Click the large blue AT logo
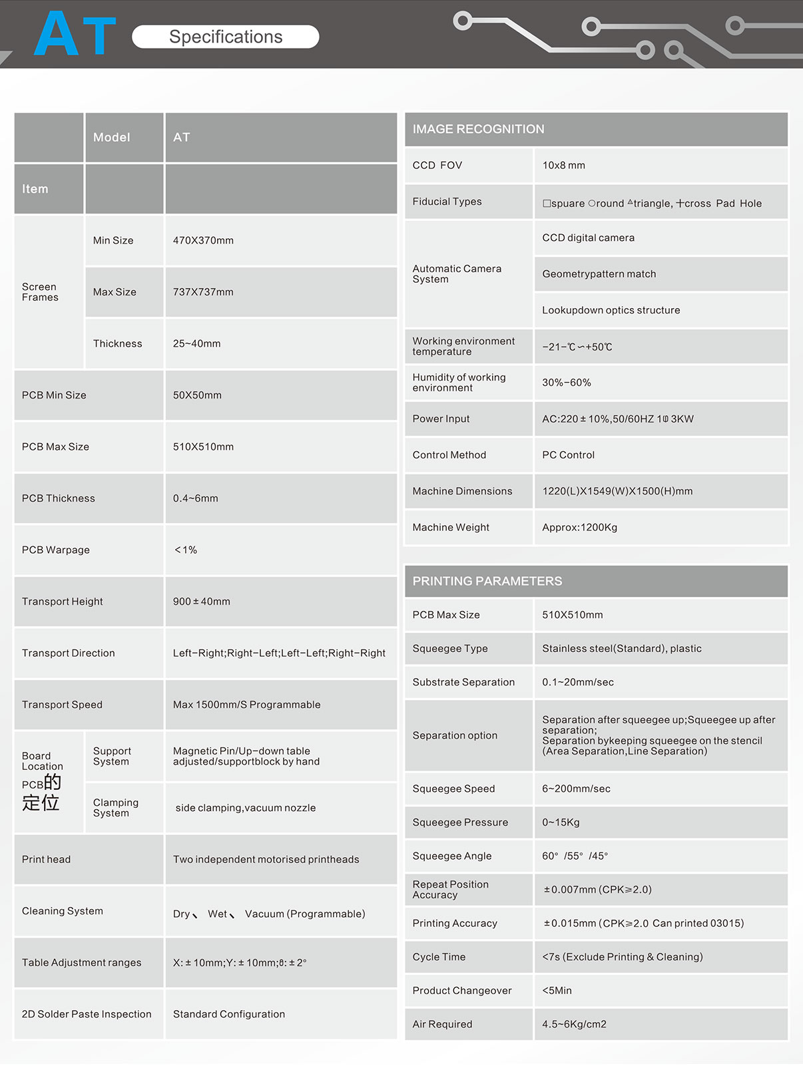(x=75, y=34)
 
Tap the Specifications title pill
(x=226, y=37)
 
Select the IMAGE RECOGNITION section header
(x=478, y=129)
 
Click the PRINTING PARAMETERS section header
(x=487, y=581)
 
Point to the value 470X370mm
(x=203, y=240)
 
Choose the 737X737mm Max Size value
(x=203, y=292)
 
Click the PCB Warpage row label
(x=56, y=550)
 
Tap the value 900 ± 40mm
(x=201, y=602)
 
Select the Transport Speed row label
(x=62, y=705)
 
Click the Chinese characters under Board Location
(x=41, y=793)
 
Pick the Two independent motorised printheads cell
(x=266, y=859)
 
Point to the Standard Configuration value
(x=228, y=1014)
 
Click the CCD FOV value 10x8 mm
(x=563, y=165)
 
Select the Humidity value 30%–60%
(x=566, y=383)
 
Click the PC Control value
(x=568, y=455)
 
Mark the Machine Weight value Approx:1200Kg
(x=579, y=527)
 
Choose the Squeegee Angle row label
(x=451, y=856)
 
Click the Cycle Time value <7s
(x=622, y=957)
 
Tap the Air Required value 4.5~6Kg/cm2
(x=574, y=1024)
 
